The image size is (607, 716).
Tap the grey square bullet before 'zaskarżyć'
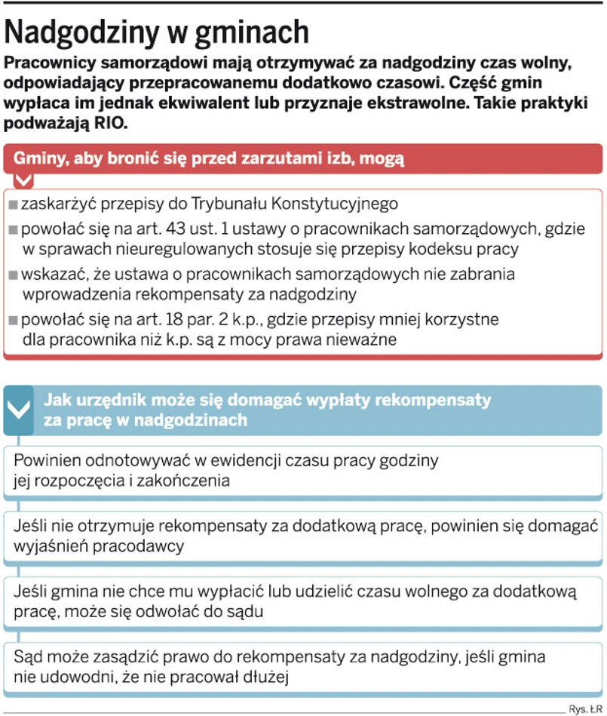(x=13, y=204)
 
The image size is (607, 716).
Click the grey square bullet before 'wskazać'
(x=13, y=275)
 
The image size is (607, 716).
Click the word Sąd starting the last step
(x=29, y=656)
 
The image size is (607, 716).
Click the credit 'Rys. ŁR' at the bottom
(x=584, y=708)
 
